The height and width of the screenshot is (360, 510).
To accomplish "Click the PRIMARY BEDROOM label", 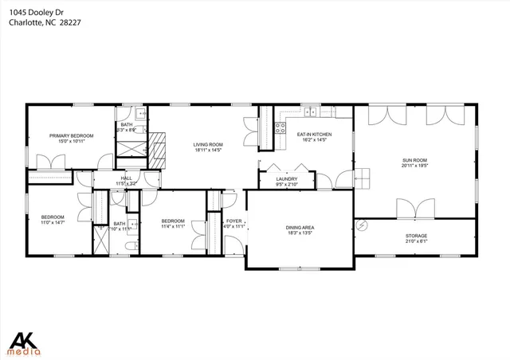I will click(72, 136).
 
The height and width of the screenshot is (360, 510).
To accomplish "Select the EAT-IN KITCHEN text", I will click(314, 135).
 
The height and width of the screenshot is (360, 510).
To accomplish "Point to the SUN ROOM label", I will click(414, 160).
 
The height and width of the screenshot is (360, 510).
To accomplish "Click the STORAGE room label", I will click(416, 236).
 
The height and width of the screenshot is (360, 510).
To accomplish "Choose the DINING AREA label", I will click(300, 229).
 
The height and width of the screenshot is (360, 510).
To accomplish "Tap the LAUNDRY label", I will click(286, 179).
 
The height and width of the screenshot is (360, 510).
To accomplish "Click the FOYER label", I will click(233, 221).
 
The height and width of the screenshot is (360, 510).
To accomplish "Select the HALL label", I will click(127, 178).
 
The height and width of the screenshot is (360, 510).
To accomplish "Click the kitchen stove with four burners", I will click(280, 127).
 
